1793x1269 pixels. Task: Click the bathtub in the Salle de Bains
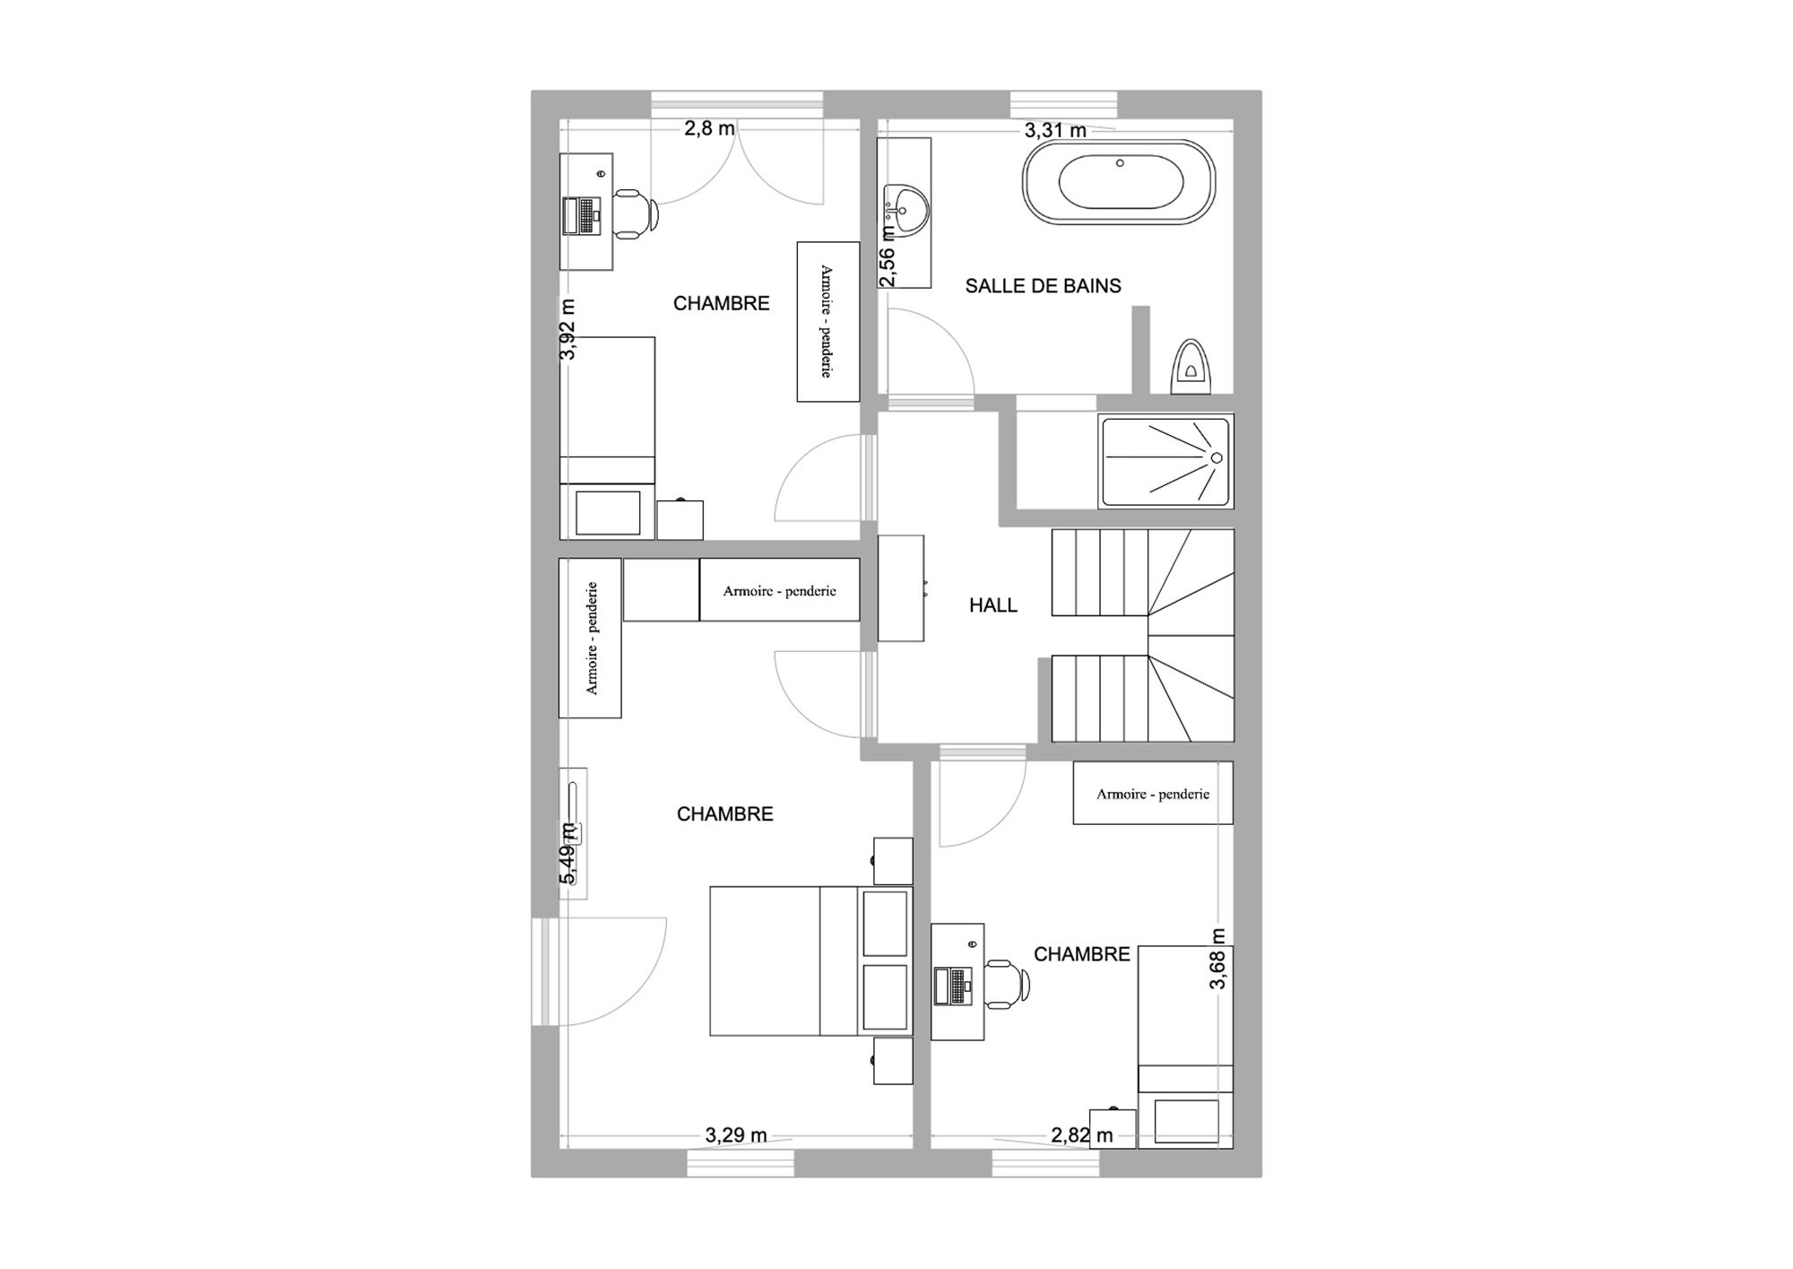click(x=1119, y=182)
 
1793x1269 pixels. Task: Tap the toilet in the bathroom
click(x=1191, y=366)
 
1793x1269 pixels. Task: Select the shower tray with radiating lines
click(x=1166, y=460)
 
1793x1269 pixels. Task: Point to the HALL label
click(x=993, y=605)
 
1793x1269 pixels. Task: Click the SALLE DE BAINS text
click(x=1043, y=286)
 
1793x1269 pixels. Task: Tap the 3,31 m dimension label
click(x=1055, y=131)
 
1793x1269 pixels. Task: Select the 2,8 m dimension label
click(x=709, y=128)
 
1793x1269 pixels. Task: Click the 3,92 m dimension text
click(x=567, y=329)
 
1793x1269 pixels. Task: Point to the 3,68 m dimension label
click(x=1217, y=959)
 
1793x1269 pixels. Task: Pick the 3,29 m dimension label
click(x=736, y=1135)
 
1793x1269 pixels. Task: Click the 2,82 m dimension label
click(x=1082, y=1135)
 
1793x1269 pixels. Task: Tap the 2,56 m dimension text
click(x=887, y=256)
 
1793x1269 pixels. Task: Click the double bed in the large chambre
click(x=810, y=960)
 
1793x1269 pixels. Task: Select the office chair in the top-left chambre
click(x=636, y=214)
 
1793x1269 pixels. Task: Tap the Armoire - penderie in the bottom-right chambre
click(x=1153, y=793)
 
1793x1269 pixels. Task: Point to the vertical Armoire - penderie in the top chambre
click(x=828, y=321)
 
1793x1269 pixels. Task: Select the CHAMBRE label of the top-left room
click(x=722, y=303)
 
